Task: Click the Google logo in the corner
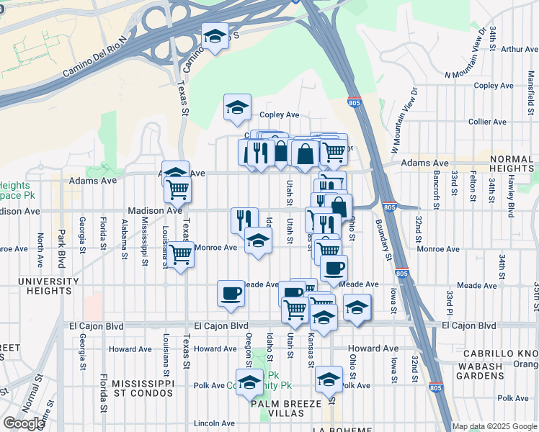tap(23, 423)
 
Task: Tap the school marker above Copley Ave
tap(237, 107)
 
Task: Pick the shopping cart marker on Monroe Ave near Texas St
tap(180, 253)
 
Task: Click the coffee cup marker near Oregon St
tap(231, 293)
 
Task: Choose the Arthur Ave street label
tap(520, 50)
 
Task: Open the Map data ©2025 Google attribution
tap(494, 426)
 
